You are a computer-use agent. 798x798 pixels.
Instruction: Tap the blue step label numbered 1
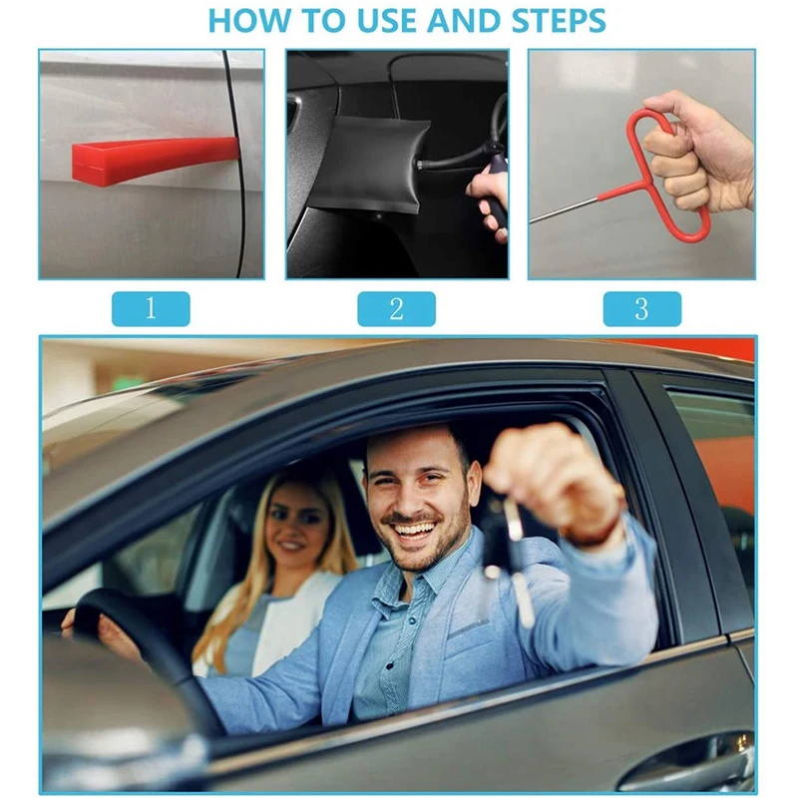(151, 309)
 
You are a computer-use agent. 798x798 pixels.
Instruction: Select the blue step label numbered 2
(396, 309)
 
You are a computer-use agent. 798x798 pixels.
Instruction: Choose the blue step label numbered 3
(641, 309)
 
